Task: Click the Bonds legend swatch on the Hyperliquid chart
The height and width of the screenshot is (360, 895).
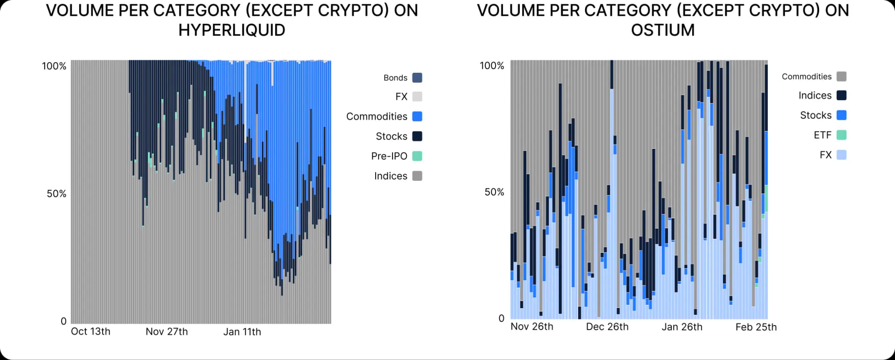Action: pos(417,78)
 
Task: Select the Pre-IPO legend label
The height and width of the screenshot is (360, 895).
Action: pos(389,156)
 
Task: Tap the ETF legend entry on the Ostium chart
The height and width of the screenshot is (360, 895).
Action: pos(822,135)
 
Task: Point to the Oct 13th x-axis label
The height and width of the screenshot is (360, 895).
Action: pos(90,332)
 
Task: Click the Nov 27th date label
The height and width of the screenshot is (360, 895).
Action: pos(166,332)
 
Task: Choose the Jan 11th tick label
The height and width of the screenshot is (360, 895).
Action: pos(242,332)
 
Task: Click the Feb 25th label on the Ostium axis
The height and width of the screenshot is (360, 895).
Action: pos(756,327)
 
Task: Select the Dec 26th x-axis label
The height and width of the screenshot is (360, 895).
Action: pos(607,327)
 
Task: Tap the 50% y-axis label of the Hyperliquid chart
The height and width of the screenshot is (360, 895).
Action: pos(56,194)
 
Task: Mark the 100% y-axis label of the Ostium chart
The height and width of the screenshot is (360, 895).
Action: pos(492,66)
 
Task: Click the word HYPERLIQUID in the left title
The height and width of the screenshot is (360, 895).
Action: pos(232,30)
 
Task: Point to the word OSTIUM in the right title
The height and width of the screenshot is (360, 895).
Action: pos(662,30)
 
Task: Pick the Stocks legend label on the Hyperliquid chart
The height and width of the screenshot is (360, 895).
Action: pos(391,136)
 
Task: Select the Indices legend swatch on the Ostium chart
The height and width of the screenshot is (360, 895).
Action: pos(841,96)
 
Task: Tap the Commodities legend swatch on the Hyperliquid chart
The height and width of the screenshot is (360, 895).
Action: pos(417,117)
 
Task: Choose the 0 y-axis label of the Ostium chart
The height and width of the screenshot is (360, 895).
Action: pos(501,318)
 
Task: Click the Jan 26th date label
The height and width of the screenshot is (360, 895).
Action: pos(682,327)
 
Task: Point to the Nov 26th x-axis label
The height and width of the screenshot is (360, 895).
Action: pos(531,326)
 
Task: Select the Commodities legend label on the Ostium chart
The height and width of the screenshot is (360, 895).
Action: pos(806,76)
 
